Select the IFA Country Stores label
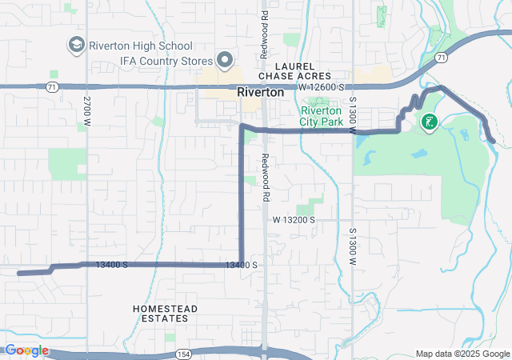166,60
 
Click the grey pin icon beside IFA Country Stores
225,60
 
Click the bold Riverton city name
260,93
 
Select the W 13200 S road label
294,219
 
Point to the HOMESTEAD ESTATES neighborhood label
160,313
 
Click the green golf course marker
429,122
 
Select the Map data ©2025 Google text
462,354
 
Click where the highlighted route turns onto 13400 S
242,263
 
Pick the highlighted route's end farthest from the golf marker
18,273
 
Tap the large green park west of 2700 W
67,164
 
